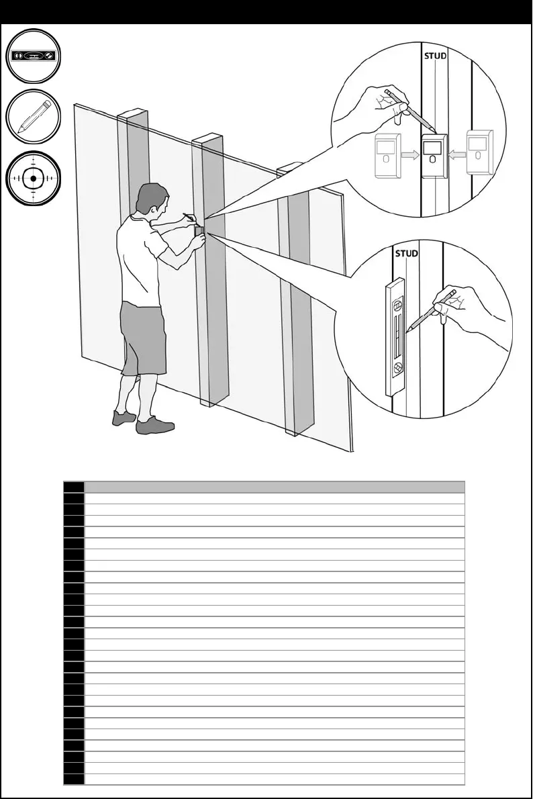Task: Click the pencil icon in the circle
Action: coord(34,116)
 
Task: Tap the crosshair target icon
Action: coord(34,178)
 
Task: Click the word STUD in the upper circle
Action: coord(435,56)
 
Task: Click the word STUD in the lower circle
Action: coord(406,254)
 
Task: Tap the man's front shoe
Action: coord(155,426)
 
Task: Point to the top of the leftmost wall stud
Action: coord(133,111)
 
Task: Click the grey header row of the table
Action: coord(274,487)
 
